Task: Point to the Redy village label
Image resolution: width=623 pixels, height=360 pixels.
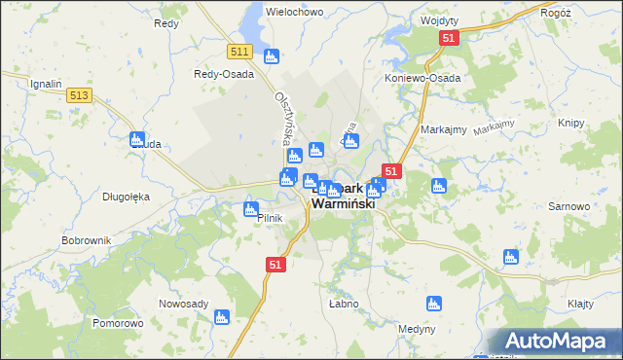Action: click(165, 22)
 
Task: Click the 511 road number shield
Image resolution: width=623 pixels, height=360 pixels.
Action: click(241, 52)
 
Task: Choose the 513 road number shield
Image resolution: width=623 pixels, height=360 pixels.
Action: click(80, 94)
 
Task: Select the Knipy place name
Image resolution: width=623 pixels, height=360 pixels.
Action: click(570, 124)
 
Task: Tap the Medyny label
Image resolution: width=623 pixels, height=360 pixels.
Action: click(417, 329)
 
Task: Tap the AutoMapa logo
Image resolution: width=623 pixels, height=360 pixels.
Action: click(556, 341)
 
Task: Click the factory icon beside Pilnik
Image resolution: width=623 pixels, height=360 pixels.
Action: click(251, 208)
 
